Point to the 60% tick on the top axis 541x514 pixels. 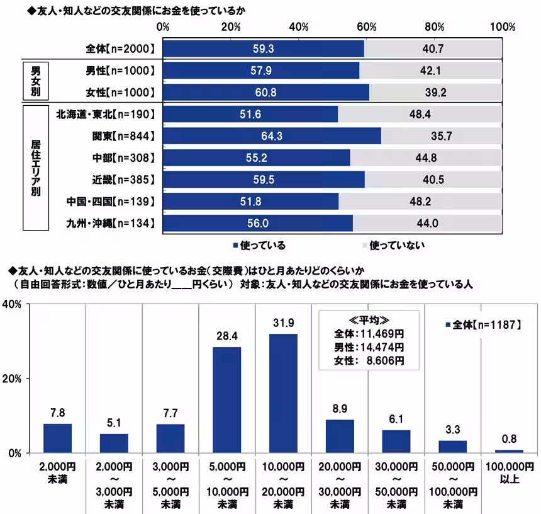tap(367, 27)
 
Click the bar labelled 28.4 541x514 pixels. tap(226, 400)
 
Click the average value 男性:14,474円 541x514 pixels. tap(369, 347)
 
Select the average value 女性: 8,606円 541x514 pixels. tap(369, 360)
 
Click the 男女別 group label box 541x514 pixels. tap(35, 81)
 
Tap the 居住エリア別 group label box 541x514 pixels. tap(35, 168)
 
